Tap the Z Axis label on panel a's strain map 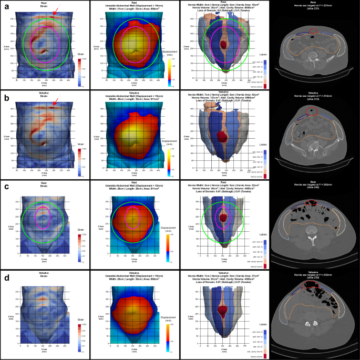pos(6,47)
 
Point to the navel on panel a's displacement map pos(135,52)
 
